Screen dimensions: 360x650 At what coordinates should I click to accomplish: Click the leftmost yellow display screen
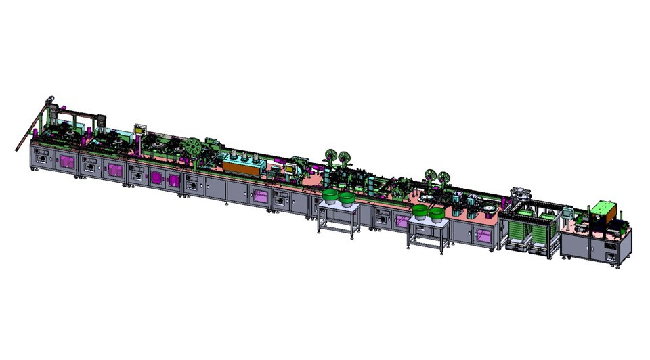141,129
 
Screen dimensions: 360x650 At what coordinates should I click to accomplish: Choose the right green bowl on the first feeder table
347,199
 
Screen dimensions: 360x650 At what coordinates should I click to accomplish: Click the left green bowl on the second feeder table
420,213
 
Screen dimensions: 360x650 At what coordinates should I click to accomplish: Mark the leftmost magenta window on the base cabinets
66,162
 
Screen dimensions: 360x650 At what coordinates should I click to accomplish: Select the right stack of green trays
542,233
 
